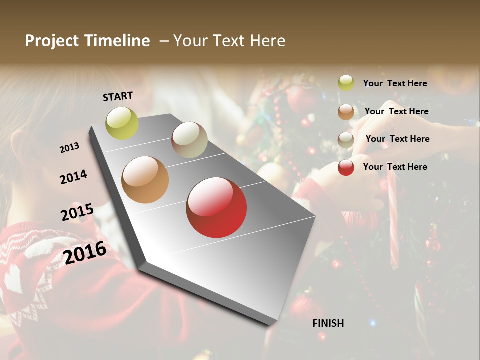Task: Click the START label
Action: (x=118, y=96)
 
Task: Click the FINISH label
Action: (x=328, y=323)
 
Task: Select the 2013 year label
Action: (x=69, y=148)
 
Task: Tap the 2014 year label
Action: (x=73, y=177)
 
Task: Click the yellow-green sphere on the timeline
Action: (x=122, y=123)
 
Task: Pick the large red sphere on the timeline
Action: (x=216, y=207)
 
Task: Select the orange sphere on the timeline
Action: (x=145, y=180)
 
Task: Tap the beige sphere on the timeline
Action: (x=189, y=140)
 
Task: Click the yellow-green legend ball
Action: (x=346, y=83)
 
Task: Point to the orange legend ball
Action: (x=346, y=112)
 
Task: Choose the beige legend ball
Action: (x=346, y=140)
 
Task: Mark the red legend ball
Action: (x=346, y=167)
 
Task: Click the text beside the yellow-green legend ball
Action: (x=395, y=83)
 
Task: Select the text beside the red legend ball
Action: (x=395, y=167)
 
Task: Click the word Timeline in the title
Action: (x=117, y=41)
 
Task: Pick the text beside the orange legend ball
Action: (x=396, y=111)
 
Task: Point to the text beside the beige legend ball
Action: (x=397, y=139)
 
